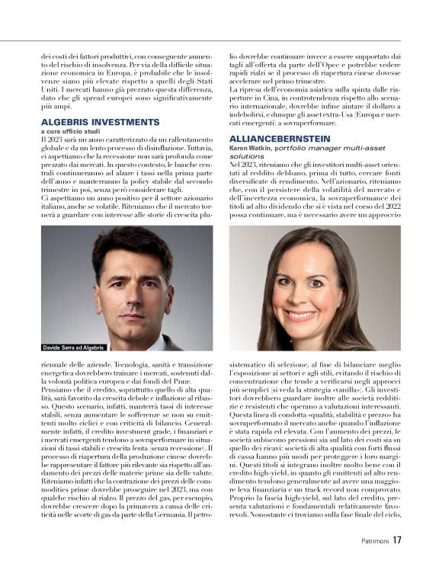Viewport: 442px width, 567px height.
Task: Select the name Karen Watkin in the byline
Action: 250,148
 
